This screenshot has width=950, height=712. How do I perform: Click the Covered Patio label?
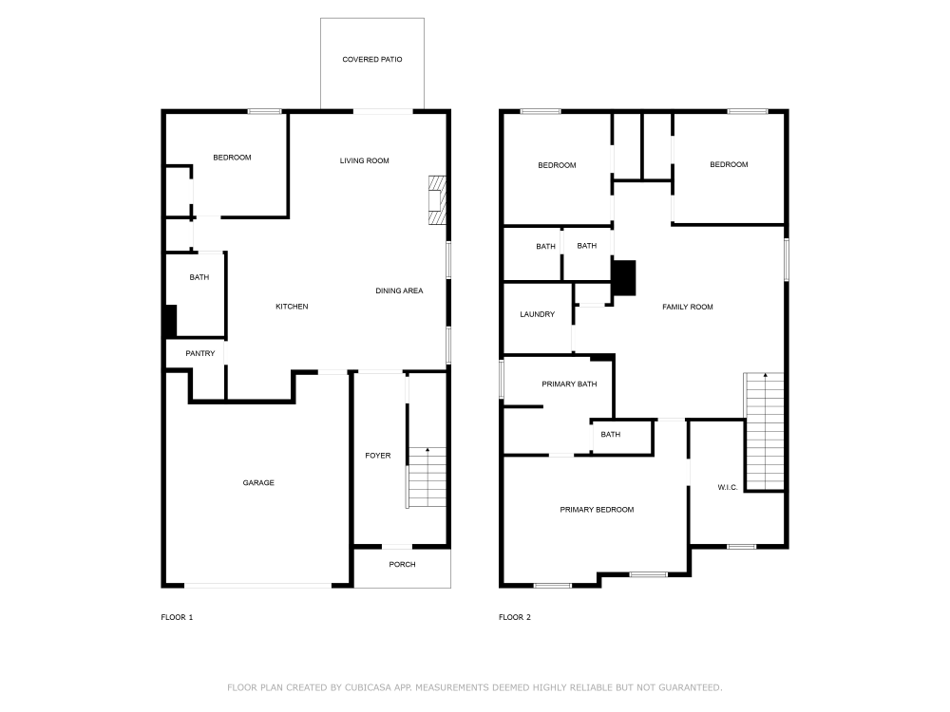pyautogui.click(x=372, y=60)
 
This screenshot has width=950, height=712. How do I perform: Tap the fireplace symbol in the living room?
pyautogui.click(x=437, y=200)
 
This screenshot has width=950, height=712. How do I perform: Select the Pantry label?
pyautogui.click(x=200, y=354)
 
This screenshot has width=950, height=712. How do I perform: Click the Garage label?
pyautogui.click(x=258, y=483)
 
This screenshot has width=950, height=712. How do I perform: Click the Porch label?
pyautogui.click(x=402, y=565)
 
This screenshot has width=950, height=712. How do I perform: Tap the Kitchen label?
pyautogui.click(x=292, y=307)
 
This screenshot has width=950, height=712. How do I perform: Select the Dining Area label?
pyautogui.click(x=399, y=290)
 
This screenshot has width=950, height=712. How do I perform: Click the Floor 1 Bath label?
pyautogui.click(x=199, y=278)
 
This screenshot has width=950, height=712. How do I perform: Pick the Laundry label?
pyautogui.click(x=537, y=315)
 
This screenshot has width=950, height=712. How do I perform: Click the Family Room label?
pyautogui.click(x=688, y=307)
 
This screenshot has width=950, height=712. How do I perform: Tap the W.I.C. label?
pyautogui.click(x=728, y=488)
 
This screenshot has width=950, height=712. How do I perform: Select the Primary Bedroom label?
pyautogui.click(x=597, y=511)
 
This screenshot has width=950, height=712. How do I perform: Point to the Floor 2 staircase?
pyautogui.click(x=764, y=430)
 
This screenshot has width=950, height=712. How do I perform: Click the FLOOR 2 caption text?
pyautogui.click(x=515, y=618)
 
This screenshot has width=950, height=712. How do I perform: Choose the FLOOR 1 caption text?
pyautogui.click(x=177, y=618)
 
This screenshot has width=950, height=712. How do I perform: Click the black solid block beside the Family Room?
pyautogui.click(x=623, y=277)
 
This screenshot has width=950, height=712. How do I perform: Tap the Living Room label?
pyautogui.click(x=365, y=161)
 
